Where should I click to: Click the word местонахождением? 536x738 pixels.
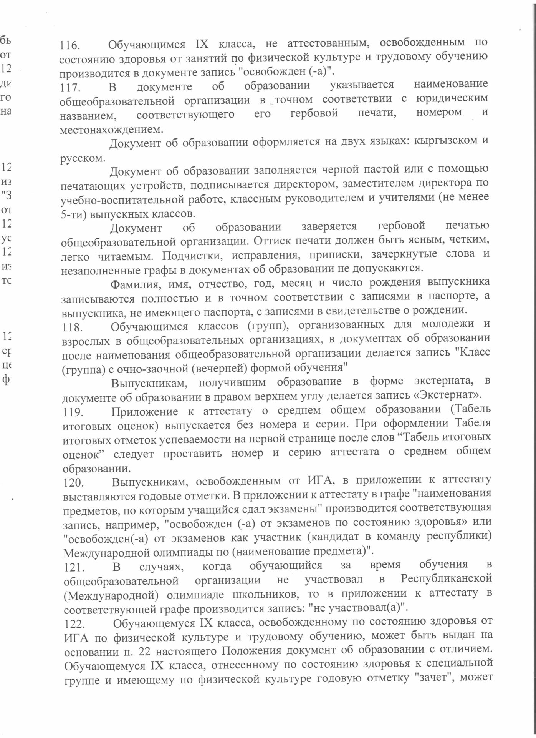tap(111, 130)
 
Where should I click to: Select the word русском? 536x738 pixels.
tap(81, 158)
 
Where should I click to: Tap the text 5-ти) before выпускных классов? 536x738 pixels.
tap(73, 214)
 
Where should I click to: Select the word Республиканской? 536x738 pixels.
tap(446, 578)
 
